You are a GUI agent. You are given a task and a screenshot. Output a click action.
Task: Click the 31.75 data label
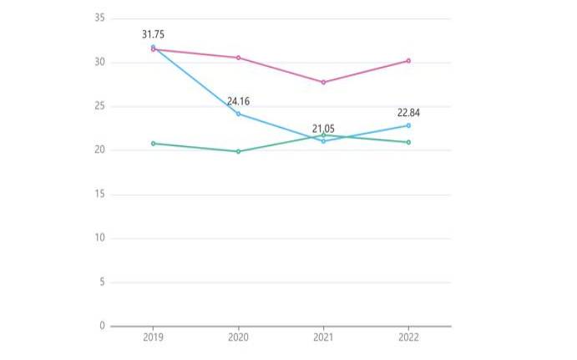[x=154, y=34]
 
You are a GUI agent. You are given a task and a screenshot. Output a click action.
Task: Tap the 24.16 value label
[x=239, y=101]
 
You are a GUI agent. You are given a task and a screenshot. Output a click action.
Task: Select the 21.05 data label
[x=323, y=129]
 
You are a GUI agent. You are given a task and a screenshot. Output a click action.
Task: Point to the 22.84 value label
[x=408, y=113]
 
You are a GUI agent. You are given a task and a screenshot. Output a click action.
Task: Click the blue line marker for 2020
[x=239, y=114]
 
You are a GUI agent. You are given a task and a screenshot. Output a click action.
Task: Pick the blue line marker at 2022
[x=408, y=125]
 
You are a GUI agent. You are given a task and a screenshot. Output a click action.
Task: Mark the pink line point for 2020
[x=239, y=58]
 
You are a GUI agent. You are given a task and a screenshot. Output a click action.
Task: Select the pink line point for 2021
[x=323, y=82]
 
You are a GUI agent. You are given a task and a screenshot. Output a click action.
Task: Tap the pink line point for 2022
[x=408, y=60]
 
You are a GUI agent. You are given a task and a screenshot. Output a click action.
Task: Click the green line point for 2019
[x=154, y=143]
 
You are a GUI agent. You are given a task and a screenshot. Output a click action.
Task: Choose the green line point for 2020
[x=239, y=151]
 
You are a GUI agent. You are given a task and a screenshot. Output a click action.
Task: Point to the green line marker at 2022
[x=408, y=142]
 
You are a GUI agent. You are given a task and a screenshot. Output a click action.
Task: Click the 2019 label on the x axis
[x=154, y=338]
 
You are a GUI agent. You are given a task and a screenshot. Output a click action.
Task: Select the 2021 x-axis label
[x=323, y=338]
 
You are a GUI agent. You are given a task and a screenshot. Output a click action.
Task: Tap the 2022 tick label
[x=408, y=338]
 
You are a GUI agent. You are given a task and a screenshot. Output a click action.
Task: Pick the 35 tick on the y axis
[x=100, y=18]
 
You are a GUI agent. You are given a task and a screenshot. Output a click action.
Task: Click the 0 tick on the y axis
[x=103, y=326]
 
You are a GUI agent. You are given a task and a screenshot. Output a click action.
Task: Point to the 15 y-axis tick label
[x=100, y=194]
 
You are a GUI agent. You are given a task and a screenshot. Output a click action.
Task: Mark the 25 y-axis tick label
[x=100, y=106]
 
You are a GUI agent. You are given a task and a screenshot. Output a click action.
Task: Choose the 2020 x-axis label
[x=239, y=338]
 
